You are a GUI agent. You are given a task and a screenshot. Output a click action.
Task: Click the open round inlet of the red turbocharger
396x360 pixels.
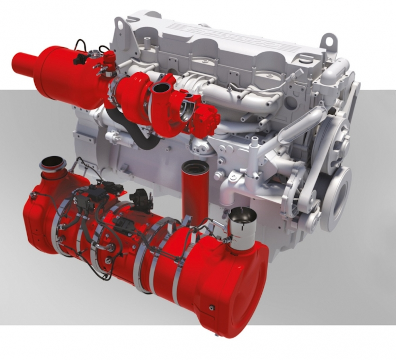point(161,88)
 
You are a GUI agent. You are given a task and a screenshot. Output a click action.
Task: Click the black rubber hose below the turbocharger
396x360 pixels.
point(139,135)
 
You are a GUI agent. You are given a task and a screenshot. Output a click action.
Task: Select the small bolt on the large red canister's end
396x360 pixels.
point(212,308)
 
